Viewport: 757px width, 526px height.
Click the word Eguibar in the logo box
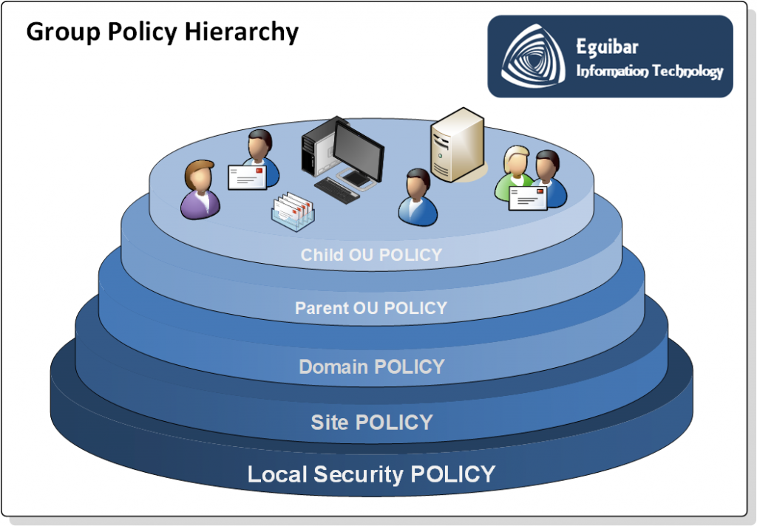tap(607, 48)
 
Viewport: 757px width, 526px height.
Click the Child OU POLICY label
tap(371, 255)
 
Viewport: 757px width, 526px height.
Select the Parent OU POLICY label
tap(371, 308)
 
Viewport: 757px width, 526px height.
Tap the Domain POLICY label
tap(371, 366)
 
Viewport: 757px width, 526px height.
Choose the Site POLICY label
tap(371, 423)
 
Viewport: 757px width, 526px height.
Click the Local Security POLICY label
tap(371, 474)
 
